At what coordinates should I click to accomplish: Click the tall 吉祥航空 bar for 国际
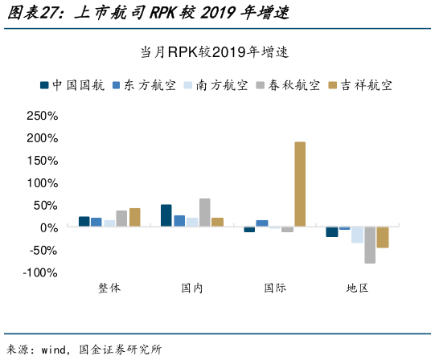click(x=300, y=184)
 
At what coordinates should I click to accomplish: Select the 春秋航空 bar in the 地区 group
click(x=370, y=245)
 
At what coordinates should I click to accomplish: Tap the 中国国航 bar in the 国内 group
click(x=166, y=215)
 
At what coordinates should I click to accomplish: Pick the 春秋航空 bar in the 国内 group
click(x=204, y=213)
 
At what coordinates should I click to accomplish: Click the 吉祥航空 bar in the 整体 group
click(x=134, y=218)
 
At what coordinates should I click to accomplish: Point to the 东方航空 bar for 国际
click(x=262, y=223)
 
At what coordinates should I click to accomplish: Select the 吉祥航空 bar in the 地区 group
click(x=383, y=237)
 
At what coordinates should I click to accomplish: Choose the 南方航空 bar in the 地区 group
click(x=357, y=235)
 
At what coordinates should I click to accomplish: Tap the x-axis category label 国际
click(x=274, y=288)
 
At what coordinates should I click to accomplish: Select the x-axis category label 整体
click(x=109, y=288)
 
